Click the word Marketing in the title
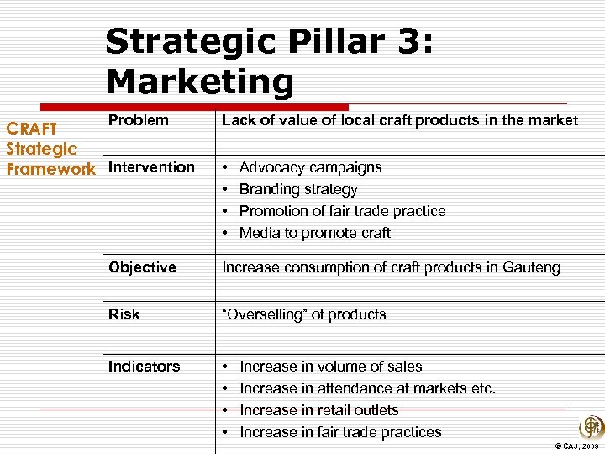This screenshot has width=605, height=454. [x=200, y=82]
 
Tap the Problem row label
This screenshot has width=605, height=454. [x=138, y=120]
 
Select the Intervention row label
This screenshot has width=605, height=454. [x=151, y=167]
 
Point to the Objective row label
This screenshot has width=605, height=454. [x=142, y=267]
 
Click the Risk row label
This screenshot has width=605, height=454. [x=124, y=314]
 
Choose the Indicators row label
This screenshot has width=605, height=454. [x=144, y=367]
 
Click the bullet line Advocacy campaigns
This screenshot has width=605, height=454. [x=310, y=167]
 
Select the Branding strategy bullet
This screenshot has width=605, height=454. [x=298, y=189]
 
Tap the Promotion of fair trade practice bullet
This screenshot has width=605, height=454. [x=342, y=211]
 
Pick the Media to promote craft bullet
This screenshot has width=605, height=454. [x=315, y=233]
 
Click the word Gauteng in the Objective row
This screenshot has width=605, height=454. [x=530, y=267]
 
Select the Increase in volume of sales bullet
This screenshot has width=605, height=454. [x=330, y=367]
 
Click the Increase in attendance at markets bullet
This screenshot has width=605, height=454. [x=367, y=388]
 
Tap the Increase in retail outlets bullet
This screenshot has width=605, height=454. [x=318, y=410]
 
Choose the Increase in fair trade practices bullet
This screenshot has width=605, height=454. [x=340, y=432]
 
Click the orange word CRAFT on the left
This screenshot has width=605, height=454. [x=32, y=129]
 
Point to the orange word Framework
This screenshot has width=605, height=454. [x=50, y=169]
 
